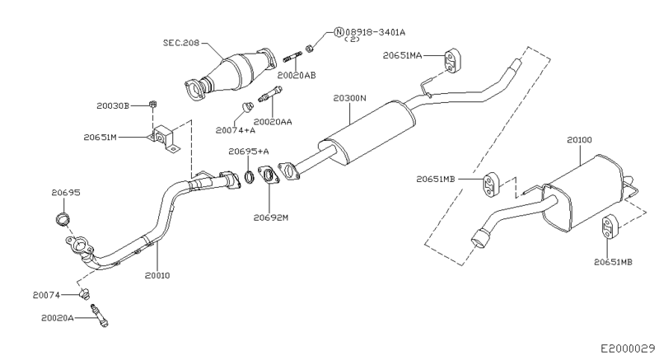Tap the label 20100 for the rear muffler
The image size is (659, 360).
tap(579, 141)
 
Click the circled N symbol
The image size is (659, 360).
tap(339, 34)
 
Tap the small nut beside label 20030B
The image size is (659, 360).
tap(153, 104)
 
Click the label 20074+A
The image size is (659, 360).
tap(235, 129)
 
